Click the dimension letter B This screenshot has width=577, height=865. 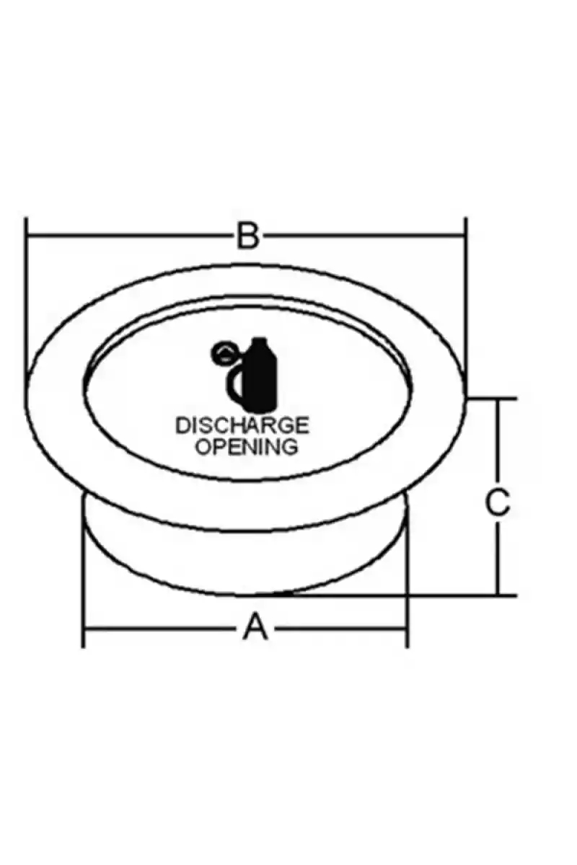(247, 235)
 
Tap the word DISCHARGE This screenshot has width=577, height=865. (242, 425)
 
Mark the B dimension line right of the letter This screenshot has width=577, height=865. (364, 234)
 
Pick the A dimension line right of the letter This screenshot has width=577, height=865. (340, 629)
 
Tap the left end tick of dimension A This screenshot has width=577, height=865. (83, 629)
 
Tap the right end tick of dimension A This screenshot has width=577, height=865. (407, 629)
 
